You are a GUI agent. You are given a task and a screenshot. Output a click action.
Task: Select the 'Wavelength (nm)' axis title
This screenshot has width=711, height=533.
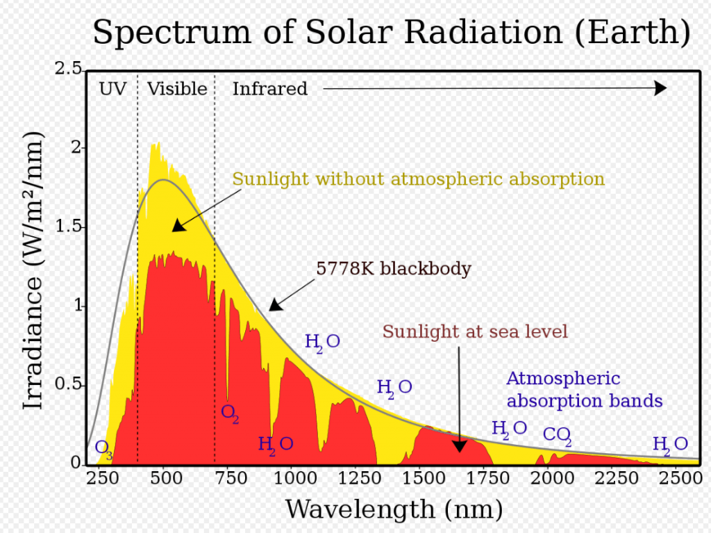(393, 509)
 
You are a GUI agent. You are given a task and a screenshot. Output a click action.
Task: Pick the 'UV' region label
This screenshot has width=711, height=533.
(112, 89)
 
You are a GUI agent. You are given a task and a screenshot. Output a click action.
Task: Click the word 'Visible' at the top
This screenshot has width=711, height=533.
(177, 89)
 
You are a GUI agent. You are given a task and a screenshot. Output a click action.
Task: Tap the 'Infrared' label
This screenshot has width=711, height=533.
(269, 89)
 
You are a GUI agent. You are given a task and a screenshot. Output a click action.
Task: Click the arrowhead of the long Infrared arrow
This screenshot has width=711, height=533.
(660, 88)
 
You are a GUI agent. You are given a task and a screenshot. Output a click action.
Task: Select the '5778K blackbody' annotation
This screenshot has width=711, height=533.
(394, 269)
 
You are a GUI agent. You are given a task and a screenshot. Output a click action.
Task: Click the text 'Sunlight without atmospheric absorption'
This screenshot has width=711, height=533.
(418, 179)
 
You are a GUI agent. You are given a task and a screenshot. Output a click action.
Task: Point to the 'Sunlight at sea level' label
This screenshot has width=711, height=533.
(475, 331)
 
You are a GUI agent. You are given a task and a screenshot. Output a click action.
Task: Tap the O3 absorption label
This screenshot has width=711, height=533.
(103, 448)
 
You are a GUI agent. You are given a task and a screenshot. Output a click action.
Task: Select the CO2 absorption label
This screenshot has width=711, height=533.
(557, 436)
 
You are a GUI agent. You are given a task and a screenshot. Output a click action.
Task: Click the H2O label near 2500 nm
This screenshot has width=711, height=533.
(669, 445)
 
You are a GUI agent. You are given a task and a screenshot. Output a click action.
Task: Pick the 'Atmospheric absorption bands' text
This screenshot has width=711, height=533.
(583, 390)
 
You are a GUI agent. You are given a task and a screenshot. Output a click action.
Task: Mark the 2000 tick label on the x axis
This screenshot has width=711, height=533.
(550, 478)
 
